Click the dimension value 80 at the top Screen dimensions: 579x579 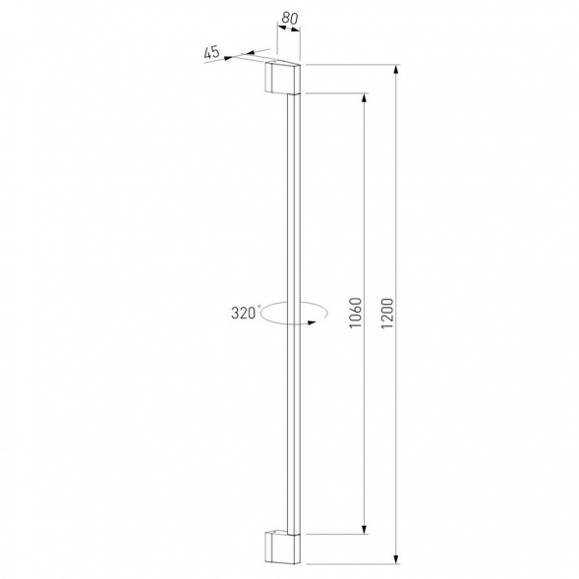(x=290, y=17)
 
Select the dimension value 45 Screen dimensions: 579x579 (x=211, y=54)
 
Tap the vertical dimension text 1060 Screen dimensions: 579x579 (x=356, y=315)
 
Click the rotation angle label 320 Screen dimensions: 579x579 (x=243, y=313)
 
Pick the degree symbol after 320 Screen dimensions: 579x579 (x=259, y=307)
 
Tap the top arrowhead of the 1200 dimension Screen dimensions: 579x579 (x=397, y=72)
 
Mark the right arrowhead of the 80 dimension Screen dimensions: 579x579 (x=297, y=29)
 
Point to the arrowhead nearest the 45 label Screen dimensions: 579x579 (x=229, y=58)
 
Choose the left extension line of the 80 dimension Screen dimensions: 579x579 (x=277, y=44)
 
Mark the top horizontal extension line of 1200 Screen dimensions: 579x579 (x=354, y=65)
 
